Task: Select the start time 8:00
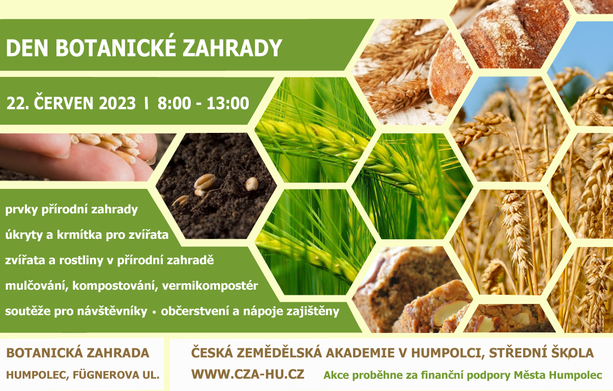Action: (174, 103)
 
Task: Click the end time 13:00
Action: (228, 103)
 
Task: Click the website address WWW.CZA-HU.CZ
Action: (248, 374)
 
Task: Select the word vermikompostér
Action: (210, 286)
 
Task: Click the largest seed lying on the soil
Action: (205, 182)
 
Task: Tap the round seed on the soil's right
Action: (251, 184)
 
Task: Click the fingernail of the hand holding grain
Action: (63, 154)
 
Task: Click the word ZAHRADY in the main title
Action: (232, 48)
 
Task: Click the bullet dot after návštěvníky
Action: (154, 313)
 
